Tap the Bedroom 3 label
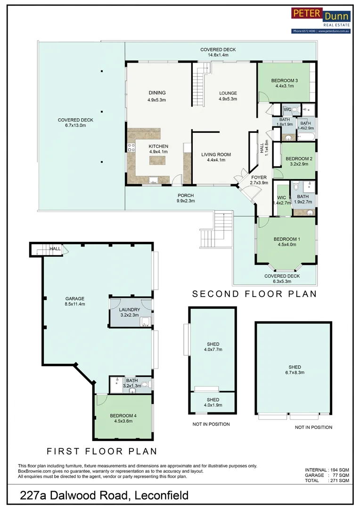pyautogui.click(x=284, y=83)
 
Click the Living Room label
pyautogui.click(x=216, y=157)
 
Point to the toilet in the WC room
pyautogui.click(x=295, y=110)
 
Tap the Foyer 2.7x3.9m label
pyautogui.click(x=259, y=180)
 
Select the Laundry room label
pyautogui.click(x=130, y=312)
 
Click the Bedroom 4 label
pyautogui.click(x=123, y=418)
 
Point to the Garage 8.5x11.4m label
pyautogui.click(x=75, y=301)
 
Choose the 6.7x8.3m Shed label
pyautogui.click(x=295, y=369)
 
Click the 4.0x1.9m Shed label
pyautogui.click(x=213, y=402)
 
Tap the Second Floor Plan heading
pyautogui.click(x=254, y=294)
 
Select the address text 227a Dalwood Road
pyautogui.click(x=104, y=495)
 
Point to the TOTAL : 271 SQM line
pyautogui.click(x=327, y=481)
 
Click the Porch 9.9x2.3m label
pyautogui.click(x=186, y=198)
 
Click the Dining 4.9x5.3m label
pyautogui.click(x=157, y=96)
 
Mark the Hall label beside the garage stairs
pyautogui.click(x=55, y=248)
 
